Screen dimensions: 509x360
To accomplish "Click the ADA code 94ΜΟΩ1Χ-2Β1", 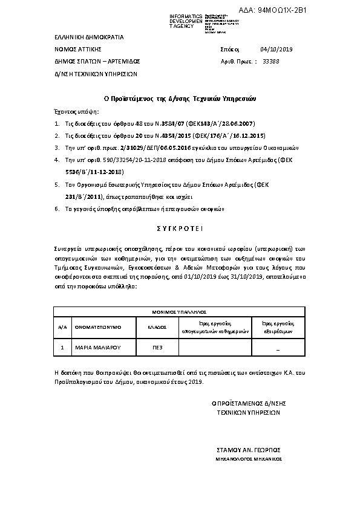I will [321, 10].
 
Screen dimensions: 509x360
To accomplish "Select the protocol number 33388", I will [271, 62].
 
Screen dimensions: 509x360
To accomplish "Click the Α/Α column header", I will [62, 326].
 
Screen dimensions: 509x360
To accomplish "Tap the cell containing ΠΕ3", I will [157, 348].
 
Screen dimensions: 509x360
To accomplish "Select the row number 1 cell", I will [62, 348].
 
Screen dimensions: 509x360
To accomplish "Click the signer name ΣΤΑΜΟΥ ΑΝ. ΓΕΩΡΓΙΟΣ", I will [249, 450].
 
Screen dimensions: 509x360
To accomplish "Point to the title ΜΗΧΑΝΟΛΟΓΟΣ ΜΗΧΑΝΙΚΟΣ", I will [249, 459].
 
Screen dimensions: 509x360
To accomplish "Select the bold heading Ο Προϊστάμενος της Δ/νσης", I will [179, 98].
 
